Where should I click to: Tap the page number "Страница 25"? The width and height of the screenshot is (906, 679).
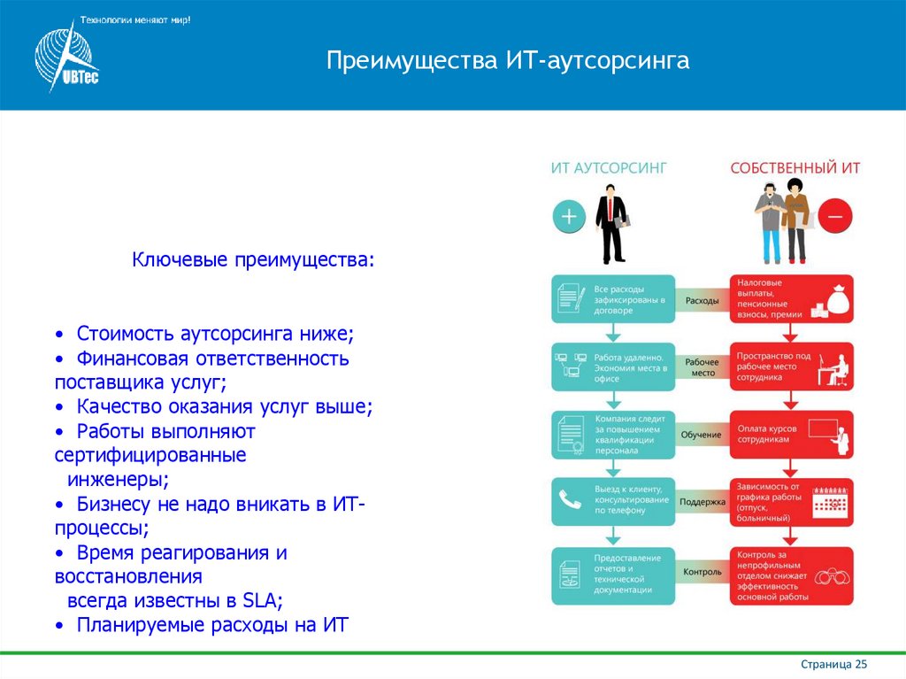point(833,664)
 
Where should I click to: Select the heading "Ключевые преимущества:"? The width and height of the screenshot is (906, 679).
point(253,261)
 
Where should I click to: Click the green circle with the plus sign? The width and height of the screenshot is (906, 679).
point(569,215)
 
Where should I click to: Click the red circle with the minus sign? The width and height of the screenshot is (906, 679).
point(834,215)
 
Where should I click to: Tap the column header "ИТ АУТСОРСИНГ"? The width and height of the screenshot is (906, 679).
point(609,167)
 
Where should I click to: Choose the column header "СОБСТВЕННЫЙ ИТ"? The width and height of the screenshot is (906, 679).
point(795,167)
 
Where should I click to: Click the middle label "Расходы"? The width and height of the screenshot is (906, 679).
point(703,301)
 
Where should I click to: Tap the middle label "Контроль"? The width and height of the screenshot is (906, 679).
point(703,572)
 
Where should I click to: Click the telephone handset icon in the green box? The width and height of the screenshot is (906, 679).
point(568,502)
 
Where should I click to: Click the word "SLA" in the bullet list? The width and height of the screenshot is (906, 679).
point(258,600)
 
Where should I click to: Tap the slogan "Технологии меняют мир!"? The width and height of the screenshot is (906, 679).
point(135,19)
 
